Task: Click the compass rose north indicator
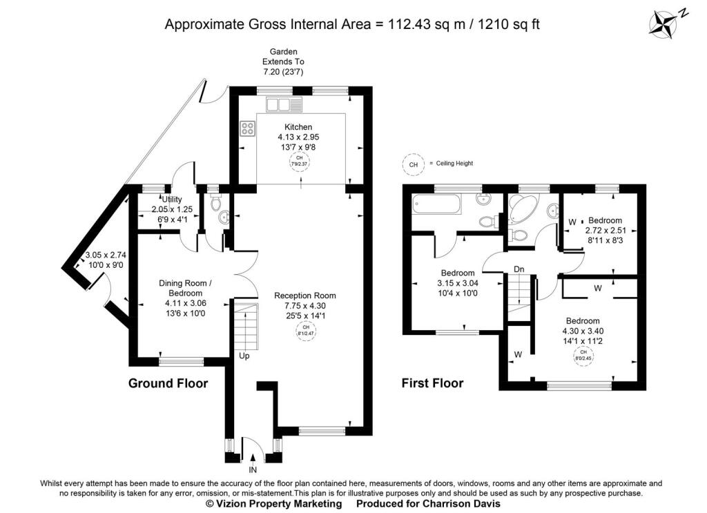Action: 666,21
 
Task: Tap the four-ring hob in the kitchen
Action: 248,128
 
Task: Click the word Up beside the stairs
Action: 244,357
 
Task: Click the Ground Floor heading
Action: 168,383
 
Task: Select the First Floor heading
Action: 432,383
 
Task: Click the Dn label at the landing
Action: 519,269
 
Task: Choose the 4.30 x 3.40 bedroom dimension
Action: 583,331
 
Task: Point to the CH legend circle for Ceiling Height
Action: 413,165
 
